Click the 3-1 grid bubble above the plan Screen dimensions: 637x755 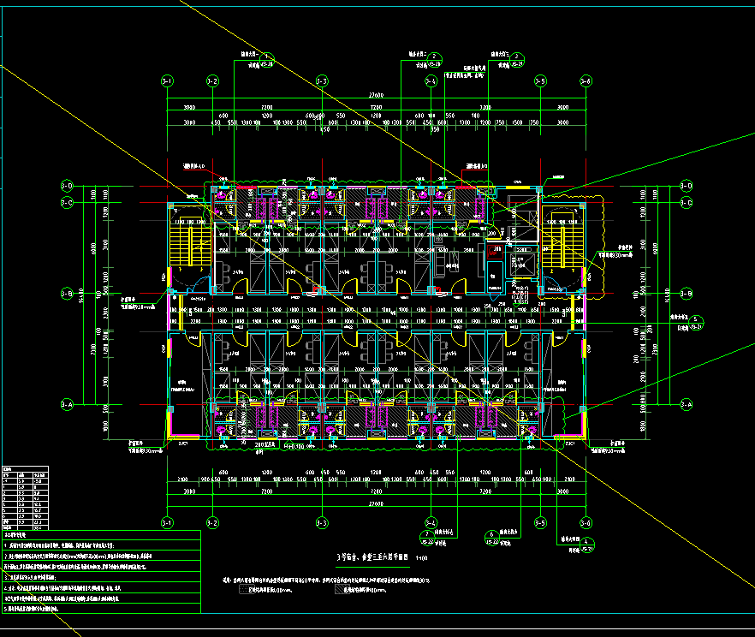tap(167, 81)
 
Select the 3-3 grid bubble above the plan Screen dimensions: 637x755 tap(322, 81)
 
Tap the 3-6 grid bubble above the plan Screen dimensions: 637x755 tap(586, 81)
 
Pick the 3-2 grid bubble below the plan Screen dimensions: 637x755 tap(212, 521)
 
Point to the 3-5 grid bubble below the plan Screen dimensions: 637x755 tap(540, 521)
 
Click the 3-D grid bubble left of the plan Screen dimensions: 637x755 tap(67, 186)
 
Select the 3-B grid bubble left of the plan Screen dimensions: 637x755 tap(67, 294)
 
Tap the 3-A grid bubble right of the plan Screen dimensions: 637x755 tap(686, 403)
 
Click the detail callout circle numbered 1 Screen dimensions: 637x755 tap(265, 57)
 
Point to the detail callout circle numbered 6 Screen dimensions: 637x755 tap(491, 535)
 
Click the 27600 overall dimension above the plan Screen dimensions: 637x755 tap(376, 94)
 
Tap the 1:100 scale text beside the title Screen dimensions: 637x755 tap(421, 558)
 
